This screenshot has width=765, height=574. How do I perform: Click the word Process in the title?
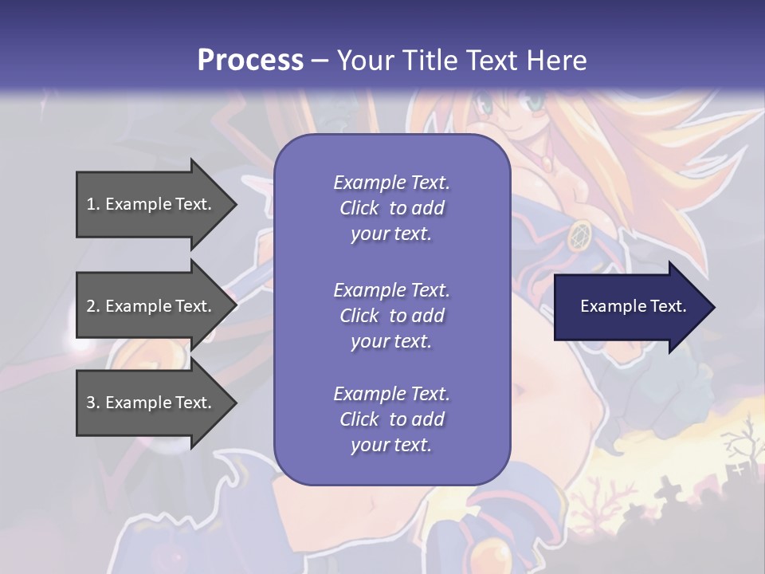click(250, 60)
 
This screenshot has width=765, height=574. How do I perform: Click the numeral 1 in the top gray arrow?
click(91, 204)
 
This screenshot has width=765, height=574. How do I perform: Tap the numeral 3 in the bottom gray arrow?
click(91, 403)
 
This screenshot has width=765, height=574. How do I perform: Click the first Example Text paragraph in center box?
click(391, 207)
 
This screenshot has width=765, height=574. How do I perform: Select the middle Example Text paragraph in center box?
click(391, 315)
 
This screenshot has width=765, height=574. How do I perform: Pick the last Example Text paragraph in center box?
click(391, 419)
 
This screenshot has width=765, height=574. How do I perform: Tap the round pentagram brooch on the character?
click(579, 235)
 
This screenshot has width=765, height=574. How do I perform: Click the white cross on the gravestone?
click(739, 470)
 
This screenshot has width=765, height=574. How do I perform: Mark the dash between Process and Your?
click(320, 60)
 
